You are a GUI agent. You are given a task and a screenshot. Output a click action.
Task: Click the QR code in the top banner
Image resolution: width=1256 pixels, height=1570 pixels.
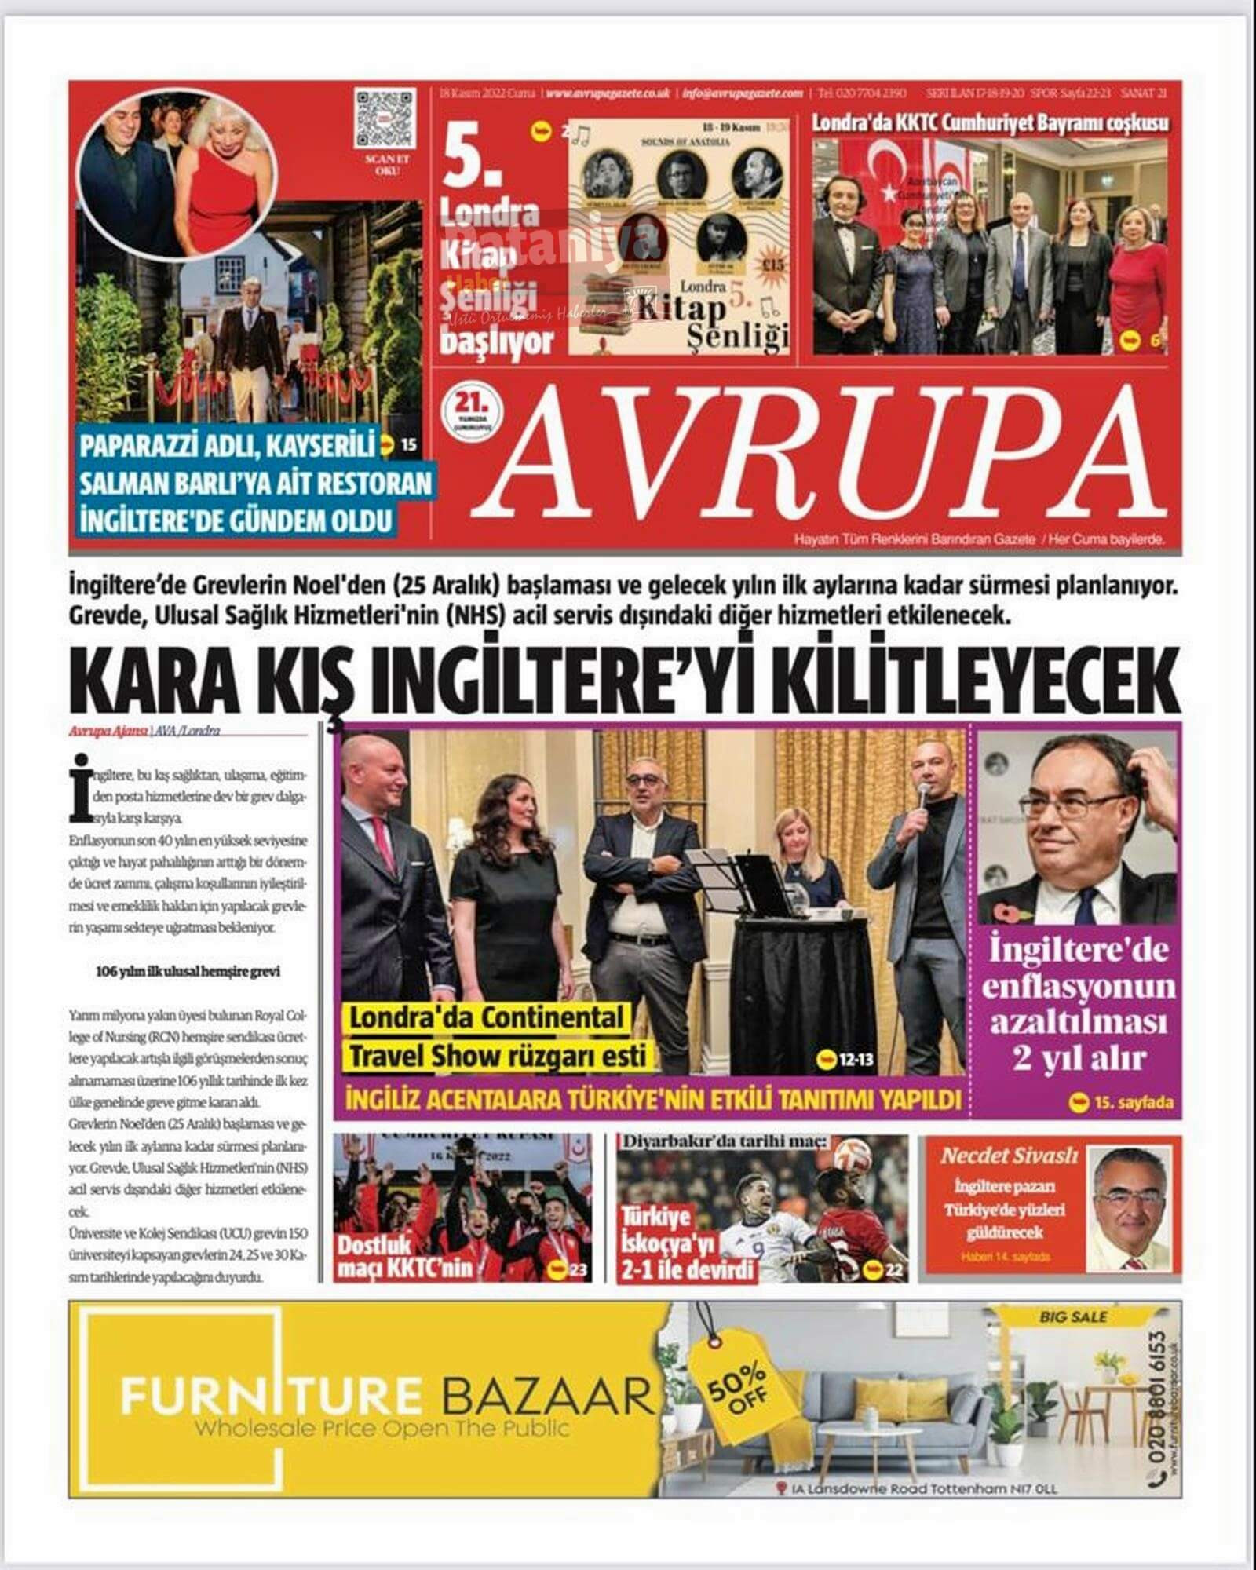tap(384, 119)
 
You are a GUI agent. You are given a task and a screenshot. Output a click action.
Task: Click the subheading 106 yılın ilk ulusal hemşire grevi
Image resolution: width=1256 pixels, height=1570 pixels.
tap(188, 971)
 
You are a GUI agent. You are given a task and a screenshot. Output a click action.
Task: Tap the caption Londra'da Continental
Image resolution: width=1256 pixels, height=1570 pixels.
tap(485, 1017)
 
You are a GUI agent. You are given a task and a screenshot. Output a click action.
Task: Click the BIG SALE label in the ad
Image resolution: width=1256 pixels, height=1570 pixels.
tap(1073, 1316)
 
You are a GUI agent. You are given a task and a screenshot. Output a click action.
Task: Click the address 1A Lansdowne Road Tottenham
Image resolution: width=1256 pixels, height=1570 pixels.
tap(917, 1488)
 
